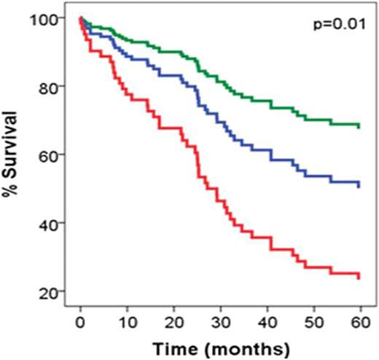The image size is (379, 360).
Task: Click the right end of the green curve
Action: tap(360, 125)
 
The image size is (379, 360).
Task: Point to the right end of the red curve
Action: tap(360, 275)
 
